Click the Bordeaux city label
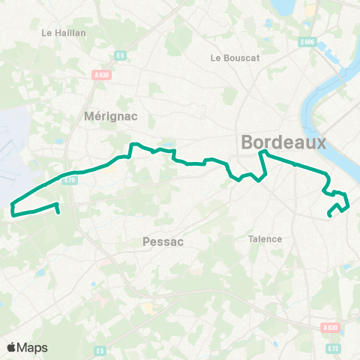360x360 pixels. pyautogui.click(x=284, y=142)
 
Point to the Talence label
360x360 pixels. pyautogui.click(x=265, y=239)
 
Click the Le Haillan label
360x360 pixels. pyautogui.click(x=64, y=33)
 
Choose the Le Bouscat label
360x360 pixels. pyautogui.click(x=235, y=58)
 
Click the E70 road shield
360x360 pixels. pyautogui.click(x=70, y=179)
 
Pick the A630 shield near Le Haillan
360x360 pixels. pyautogui.click(x=101, y=74)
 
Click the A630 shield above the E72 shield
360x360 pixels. pyautogui.click(x=329, y=327)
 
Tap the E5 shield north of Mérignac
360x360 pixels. pyautogui.click(x=120, y=55)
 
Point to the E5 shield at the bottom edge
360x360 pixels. pyautogui.click(x=100, y=350)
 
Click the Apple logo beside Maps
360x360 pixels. pyautogui.click(x=12, y=347)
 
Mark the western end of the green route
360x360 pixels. pyautogui.click(x=58, y=212)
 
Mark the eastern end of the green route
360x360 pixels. pyautogui.click(x=330, y=216)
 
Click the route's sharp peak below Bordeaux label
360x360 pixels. pyautogui.click(x=262, y=152)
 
